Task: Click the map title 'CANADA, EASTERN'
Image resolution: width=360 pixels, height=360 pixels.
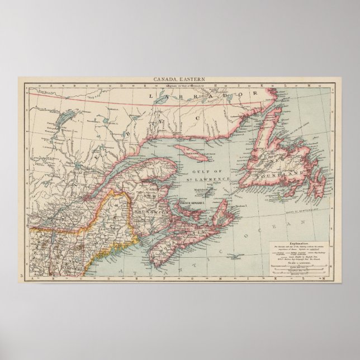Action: [179, 80]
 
